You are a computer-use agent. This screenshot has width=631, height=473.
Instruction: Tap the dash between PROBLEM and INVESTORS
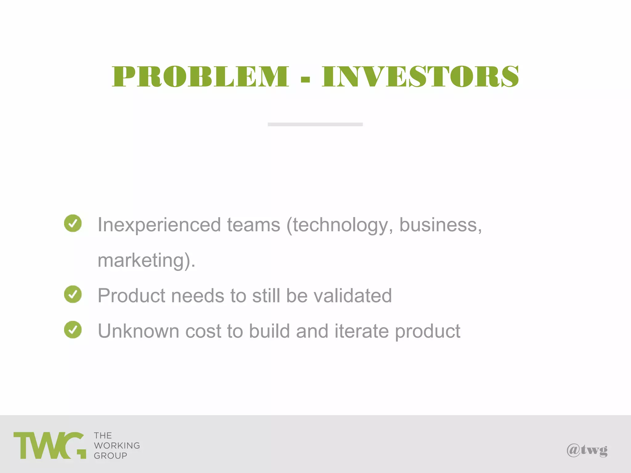point(305,80)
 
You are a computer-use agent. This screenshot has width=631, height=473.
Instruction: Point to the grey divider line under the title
point(315,124)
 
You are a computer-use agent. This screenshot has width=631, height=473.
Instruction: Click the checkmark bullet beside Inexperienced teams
point(73,223)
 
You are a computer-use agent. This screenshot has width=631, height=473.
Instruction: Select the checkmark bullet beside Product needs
point(73,294)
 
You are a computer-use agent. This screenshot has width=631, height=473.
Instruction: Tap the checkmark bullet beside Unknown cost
point(73,329)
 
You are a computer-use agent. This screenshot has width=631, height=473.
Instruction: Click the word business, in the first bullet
point(441,225)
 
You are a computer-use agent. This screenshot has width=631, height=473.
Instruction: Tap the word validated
point(352,296)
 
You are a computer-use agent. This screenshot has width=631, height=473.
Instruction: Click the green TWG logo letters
point(49,446)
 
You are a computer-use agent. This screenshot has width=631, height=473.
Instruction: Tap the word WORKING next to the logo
point(117,446)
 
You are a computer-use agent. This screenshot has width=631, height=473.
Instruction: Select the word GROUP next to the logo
point(110,456)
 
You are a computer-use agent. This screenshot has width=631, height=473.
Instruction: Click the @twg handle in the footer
point(587,450)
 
